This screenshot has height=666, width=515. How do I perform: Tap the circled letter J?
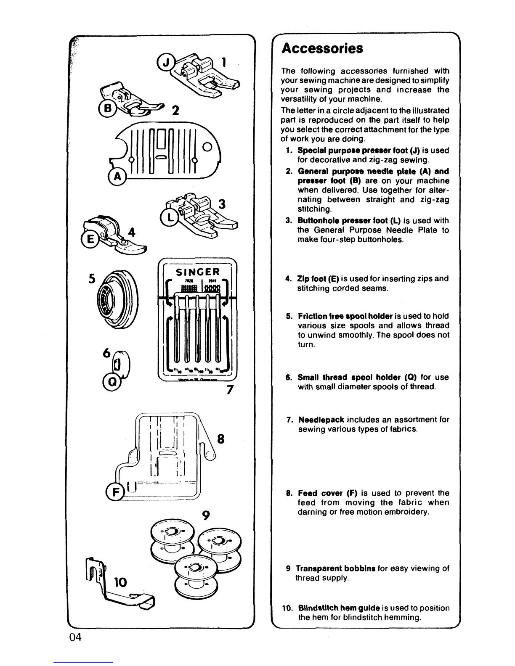163,63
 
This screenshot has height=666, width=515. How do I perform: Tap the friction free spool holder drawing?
115,304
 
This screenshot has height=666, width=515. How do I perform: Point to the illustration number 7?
230,390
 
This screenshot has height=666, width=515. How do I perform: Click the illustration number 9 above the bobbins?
206,515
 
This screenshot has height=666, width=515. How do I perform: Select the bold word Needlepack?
321,420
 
